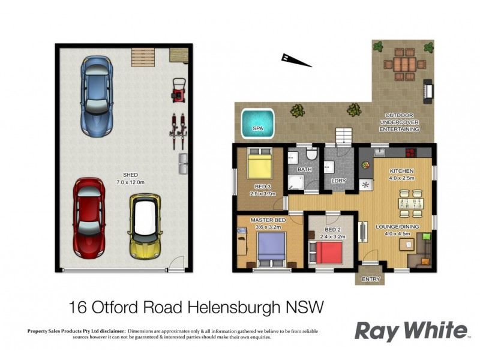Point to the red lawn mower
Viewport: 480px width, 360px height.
(178, 90)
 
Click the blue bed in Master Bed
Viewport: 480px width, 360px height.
(272, 249)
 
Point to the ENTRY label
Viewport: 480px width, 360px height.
(371, 279)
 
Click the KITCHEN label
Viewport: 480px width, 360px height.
(402, 170)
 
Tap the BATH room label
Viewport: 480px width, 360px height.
(305, 170)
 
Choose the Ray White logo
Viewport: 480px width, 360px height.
(410, 331)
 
